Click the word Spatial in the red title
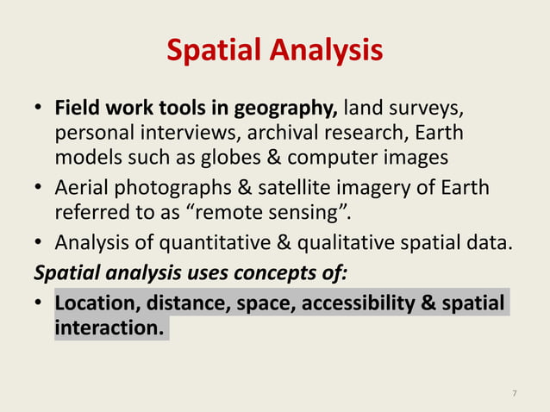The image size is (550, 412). tap(214, 51)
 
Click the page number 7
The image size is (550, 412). tap(515, 394)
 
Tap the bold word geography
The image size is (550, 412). tap(289, 110)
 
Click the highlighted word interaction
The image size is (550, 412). tap(109, 328)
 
